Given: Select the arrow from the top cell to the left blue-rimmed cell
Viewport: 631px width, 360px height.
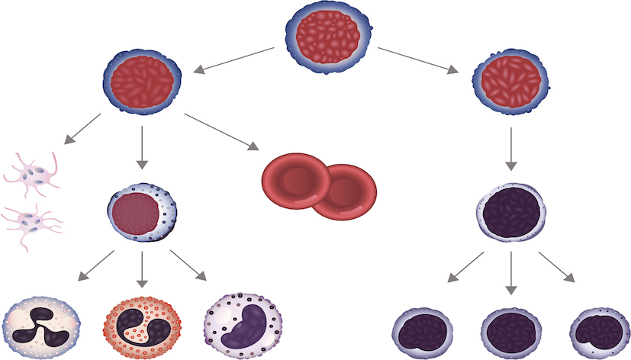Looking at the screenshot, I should click(x=233, y=60).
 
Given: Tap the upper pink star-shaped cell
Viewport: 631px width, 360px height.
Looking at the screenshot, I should click(x=34, y=174).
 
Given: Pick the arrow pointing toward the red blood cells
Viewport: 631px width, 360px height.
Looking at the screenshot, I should click(x=221, y=130).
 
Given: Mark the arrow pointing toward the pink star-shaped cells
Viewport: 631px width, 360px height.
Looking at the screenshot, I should click(x=81, y=129).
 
